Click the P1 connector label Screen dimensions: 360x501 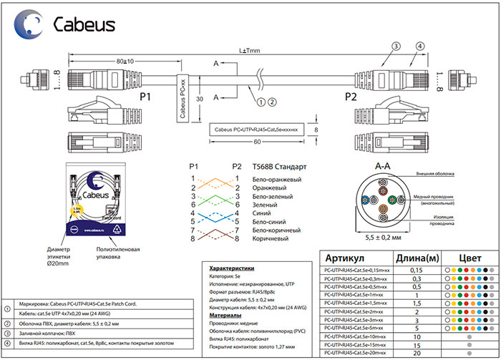(x=146, y=96)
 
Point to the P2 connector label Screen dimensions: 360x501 (x=351, y=96)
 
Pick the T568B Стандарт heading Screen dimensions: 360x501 (x=279, y=165)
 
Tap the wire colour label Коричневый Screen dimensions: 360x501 (x=273, y=238)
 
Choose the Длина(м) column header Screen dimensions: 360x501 (x=417, y=258)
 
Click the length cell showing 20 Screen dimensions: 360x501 (x=417, y=354)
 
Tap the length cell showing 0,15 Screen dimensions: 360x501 (x=417, y=271)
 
